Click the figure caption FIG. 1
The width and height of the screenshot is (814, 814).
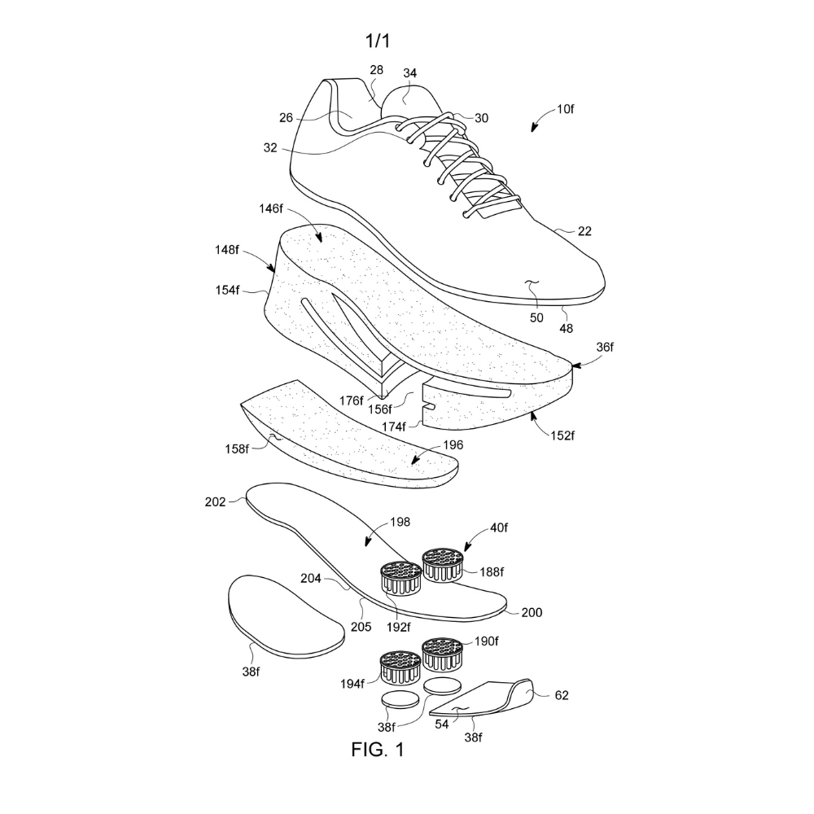coord(378,749)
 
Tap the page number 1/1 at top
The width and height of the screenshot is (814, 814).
coord(378,41)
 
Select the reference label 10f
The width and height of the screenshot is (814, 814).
coord(566,109)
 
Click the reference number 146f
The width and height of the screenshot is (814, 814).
coord(271,208)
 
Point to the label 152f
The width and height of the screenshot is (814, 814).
coord(562,435)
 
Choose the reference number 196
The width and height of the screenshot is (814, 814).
coord(453,445)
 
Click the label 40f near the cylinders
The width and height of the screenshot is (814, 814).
coord(498,527)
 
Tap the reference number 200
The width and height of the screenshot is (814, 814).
coord(532,613)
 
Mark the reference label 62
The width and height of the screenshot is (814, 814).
coord(562,695)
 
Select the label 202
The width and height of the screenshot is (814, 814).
coord(216,501)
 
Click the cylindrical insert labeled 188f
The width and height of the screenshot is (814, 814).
coord(443,565)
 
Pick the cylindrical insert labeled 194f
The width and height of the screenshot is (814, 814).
coord(400,667)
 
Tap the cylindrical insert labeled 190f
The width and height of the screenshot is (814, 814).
coord(442,654)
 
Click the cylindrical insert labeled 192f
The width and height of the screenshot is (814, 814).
coord(401,578)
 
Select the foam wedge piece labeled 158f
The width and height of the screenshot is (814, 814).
coord(348,435)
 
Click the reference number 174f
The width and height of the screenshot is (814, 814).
coord(393,427)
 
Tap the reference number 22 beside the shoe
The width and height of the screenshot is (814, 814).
coord(584,231)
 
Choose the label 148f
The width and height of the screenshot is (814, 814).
coord(227,250)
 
